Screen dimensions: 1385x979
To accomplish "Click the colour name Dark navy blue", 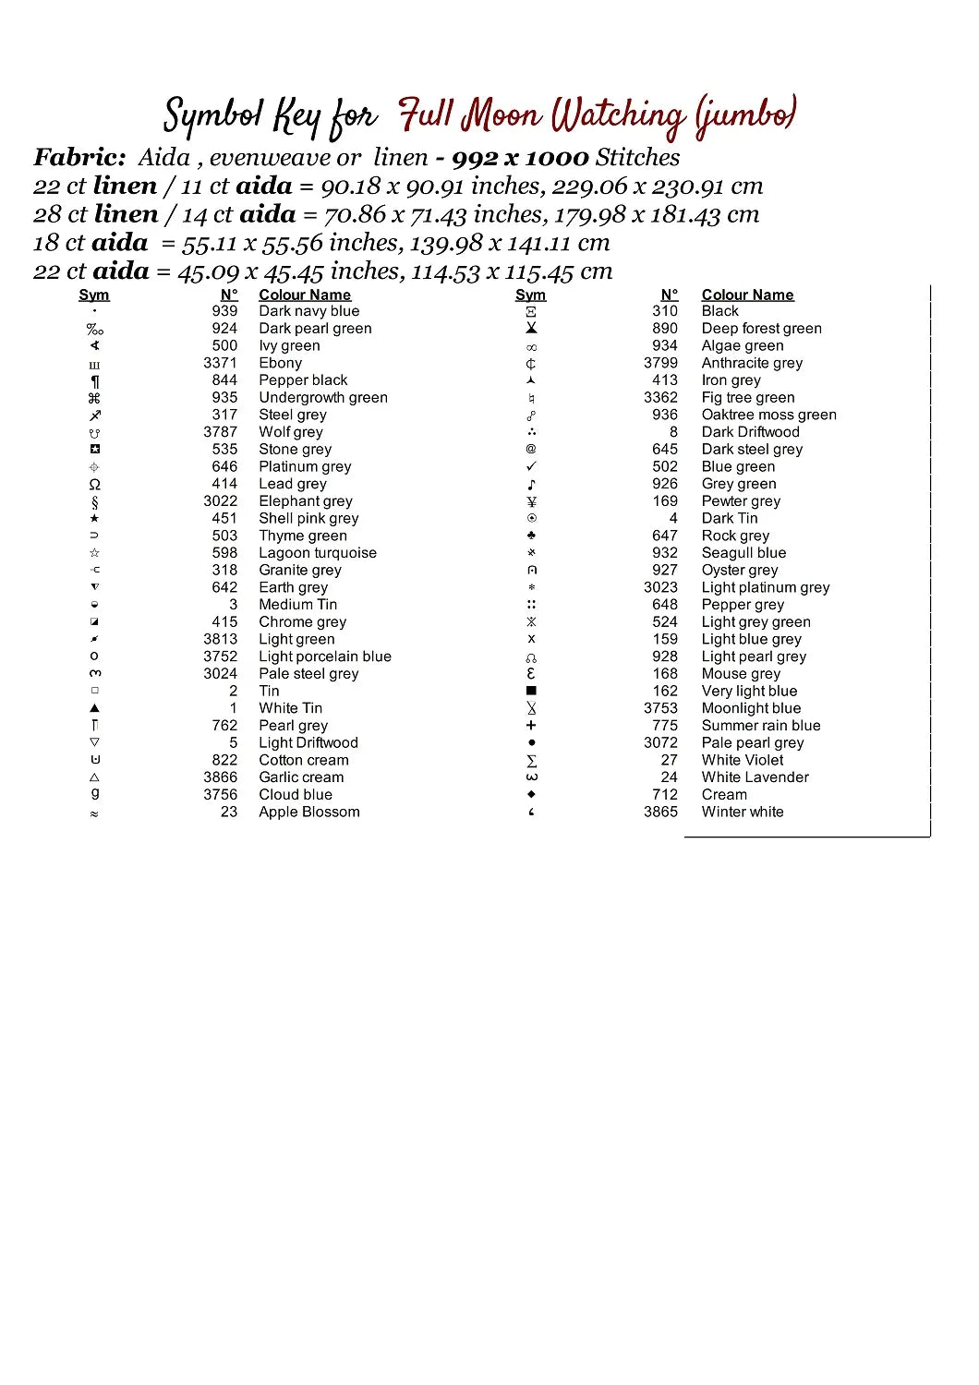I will click(308, 311).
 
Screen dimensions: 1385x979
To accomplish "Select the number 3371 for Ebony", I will click(220, 363).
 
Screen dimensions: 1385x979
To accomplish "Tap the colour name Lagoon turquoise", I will click(317, 553).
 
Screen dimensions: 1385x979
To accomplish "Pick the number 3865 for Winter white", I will click(660, 812).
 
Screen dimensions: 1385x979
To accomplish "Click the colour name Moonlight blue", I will click(751, 708).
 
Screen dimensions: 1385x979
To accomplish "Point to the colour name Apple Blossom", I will click(308, 812).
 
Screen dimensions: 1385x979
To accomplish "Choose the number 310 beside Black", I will click(664, 311).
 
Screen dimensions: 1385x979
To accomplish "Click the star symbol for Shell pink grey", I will click(94, 519).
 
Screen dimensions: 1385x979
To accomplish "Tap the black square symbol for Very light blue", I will click(531, 691).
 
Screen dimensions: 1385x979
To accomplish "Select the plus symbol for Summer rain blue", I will click(531, 726).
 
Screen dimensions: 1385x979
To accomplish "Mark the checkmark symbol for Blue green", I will click(531, 466).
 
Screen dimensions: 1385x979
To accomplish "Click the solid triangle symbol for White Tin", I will click(94, 708).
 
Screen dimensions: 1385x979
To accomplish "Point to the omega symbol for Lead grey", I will click(94, 484).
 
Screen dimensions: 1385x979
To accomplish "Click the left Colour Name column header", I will click(305, 295).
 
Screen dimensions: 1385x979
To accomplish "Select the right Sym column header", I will click(530, 295).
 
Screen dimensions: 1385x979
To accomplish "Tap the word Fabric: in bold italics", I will click(79, 158).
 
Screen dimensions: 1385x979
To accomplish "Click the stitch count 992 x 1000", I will click(520, 158).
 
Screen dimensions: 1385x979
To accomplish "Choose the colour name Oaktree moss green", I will click(768, 415).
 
